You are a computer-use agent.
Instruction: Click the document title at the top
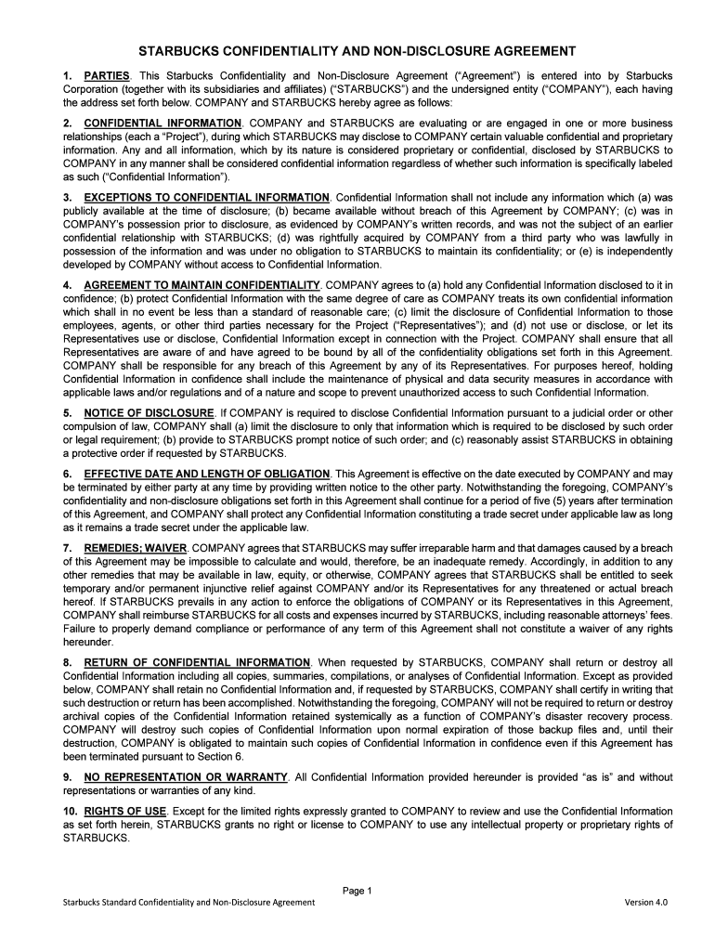click(x=357, y=51)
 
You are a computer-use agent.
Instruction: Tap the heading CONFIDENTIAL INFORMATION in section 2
click(x=162, y=123)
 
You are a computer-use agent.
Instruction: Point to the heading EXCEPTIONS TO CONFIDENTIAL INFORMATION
click(x=206, y=198)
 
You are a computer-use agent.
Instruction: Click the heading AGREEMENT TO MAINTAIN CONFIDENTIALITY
click(x=201, y=283)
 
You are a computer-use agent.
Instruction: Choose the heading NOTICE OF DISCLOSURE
click(x=149, y=411)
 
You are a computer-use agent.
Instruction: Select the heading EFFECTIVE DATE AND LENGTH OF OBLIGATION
click(x=206, y=474)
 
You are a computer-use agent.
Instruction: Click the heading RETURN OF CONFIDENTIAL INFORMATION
click(x=198, y=662)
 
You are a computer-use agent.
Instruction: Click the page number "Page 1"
click(x=357, y=892)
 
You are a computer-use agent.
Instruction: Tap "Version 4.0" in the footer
click(x=646, y=903)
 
